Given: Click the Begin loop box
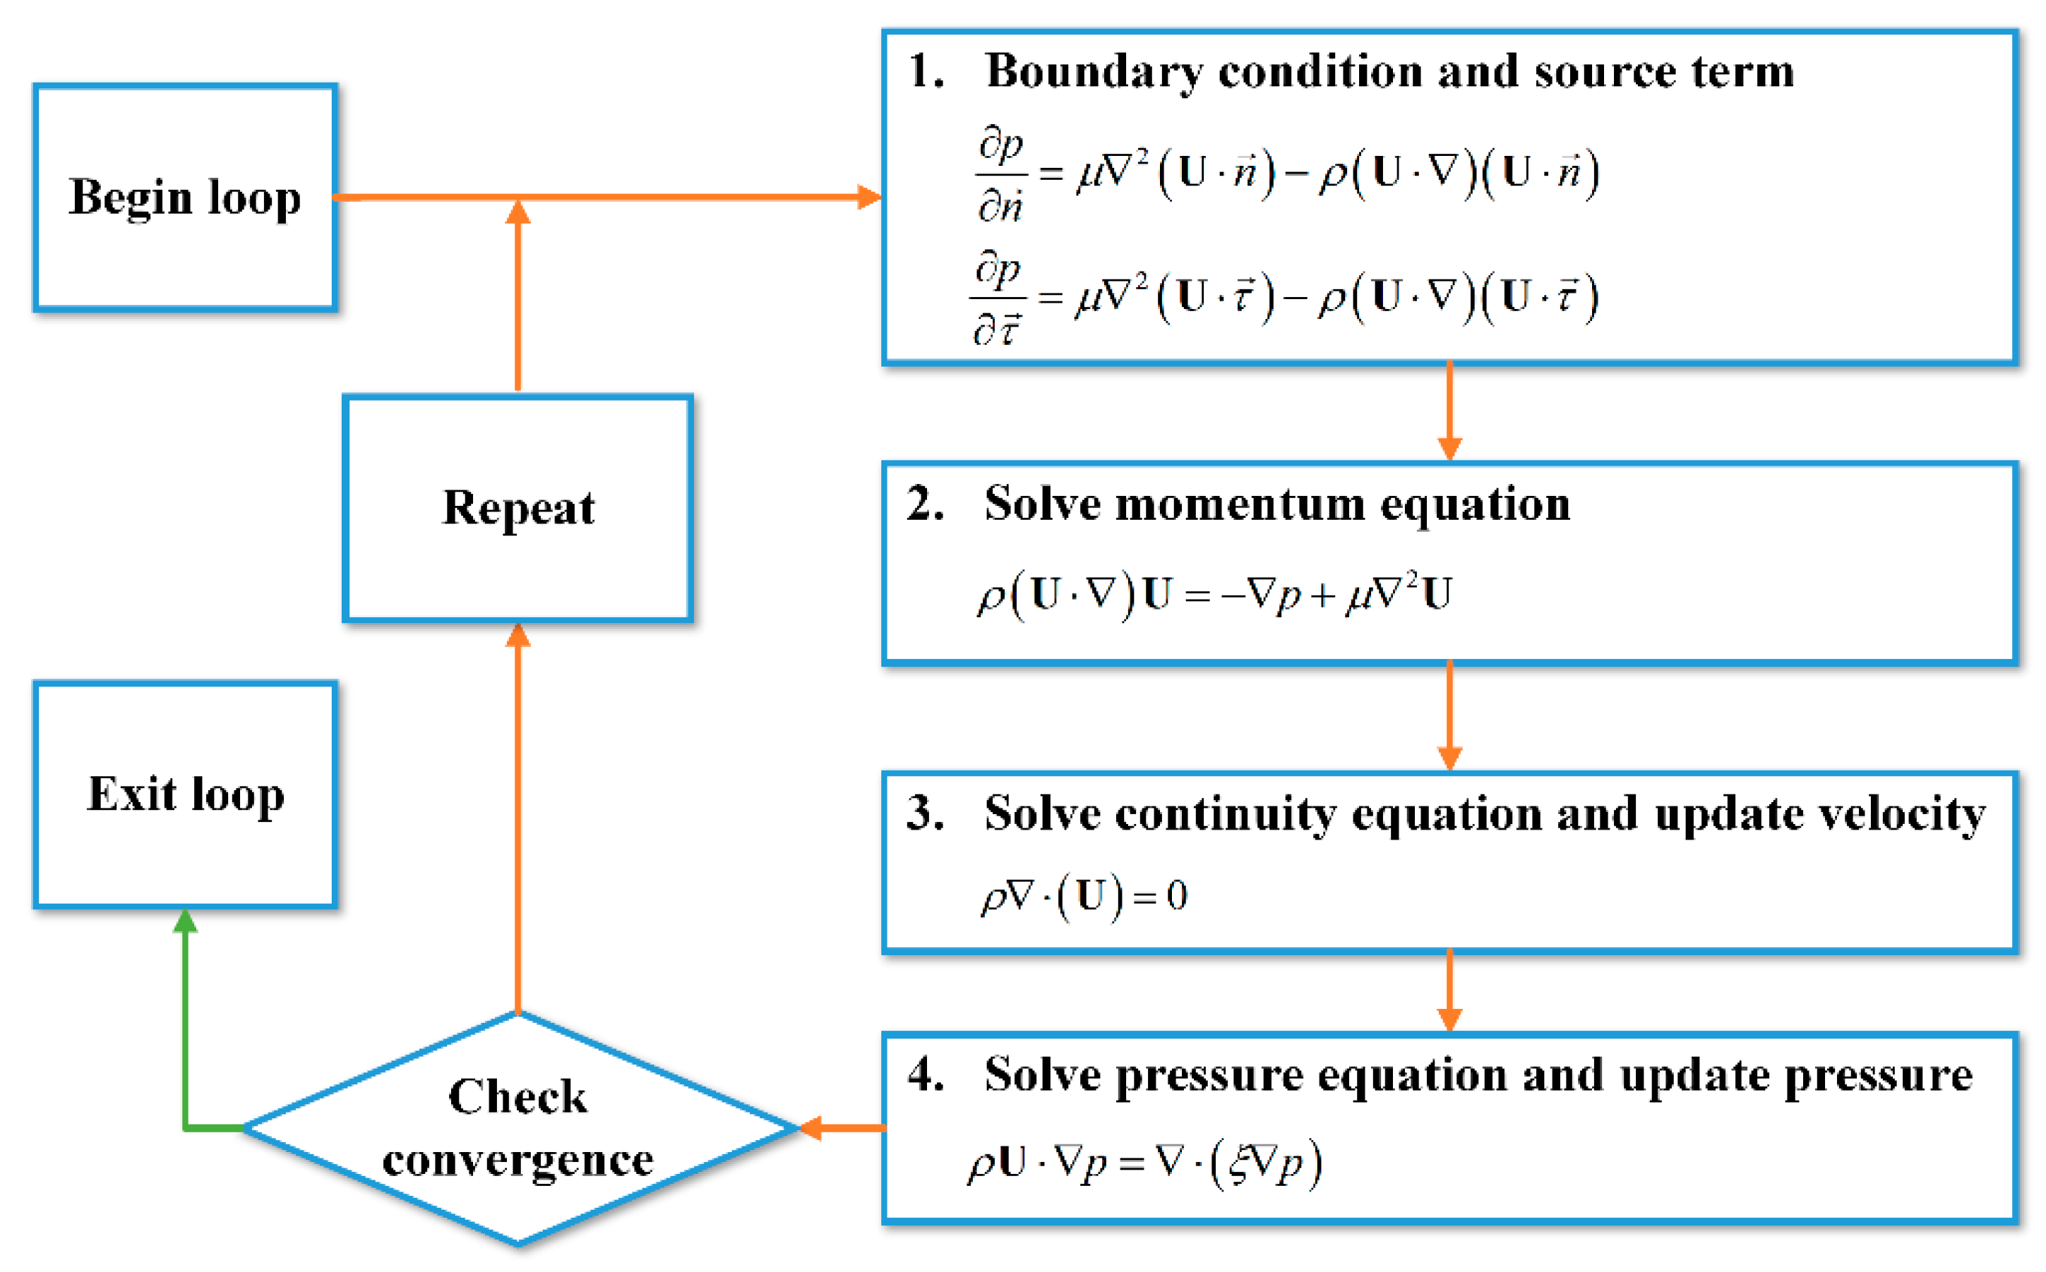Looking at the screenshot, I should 185,198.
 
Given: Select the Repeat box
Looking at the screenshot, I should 518,508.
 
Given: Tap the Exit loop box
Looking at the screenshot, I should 185,794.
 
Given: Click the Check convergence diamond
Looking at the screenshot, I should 518,1127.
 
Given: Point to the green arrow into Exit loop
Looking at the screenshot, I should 185,1035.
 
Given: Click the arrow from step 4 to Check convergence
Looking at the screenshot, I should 842,1127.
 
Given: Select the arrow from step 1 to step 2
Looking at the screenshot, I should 1449,412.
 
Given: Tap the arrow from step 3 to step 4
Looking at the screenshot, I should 1449,991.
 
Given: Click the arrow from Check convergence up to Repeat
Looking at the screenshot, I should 518,825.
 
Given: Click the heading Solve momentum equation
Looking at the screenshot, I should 1276,504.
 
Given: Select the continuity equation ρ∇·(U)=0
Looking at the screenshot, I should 1084,896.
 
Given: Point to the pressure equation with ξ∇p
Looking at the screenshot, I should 1144,1163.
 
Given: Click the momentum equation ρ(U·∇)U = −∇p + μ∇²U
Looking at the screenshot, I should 1214,595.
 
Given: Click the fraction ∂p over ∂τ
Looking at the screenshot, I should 998,298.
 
